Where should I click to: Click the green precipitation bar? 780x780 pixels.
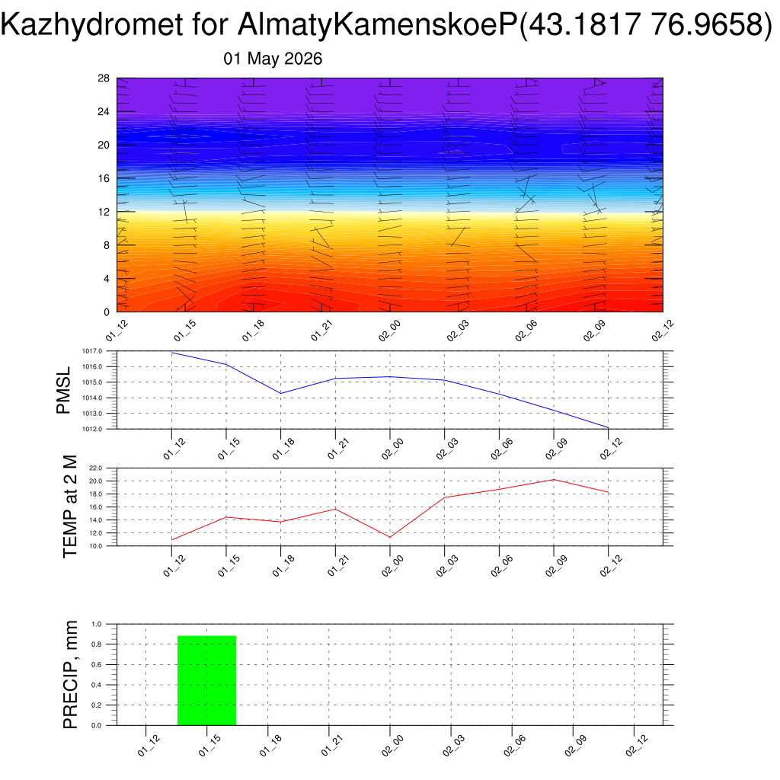(207, 680)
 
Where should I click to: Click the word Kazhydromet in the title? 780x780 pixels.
(92, 24)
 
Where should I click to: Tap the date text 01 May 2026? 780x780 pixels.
(273, 59)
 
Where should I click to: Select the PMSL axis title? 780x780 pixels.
(64, 391)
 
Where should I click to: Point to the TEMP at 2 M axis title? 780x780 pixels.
(71, 507)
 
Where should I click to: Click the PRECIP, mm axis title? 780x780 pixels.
(71, 675)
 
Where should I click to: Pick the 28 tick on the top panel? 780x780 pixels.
(104, 78)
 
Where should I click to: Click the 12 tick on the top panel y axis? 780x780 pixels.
(104, 212)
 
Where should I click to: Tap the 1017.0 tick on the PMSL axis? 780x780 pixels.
(92, 351)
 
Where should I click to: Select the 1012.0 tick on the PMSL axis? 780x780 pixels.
(92, 429)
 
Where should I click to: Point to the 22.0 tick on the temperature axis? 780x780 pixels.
(95, 468)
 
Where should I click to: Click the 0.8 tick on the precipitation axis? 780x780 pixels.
(97, 644)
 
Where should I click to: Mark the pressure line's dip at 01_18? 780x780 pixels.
(281, 394)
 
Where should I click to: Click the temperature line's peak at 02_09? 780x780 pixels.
(554, 480)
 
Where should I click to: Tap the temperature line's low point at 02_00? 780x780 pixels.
(390, 537)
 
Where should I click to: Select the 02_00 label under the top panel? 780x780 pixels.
(389, 331)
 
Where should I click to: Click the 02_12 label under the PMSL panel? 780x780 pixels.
(611, 449)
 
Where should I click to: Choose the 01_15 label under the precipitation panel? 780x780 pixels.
(209, 746)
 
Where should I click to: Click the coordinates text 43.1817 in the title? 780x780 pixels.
(583, 24)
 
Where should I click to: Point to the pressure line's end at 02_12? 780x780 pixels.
(609, 428)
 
